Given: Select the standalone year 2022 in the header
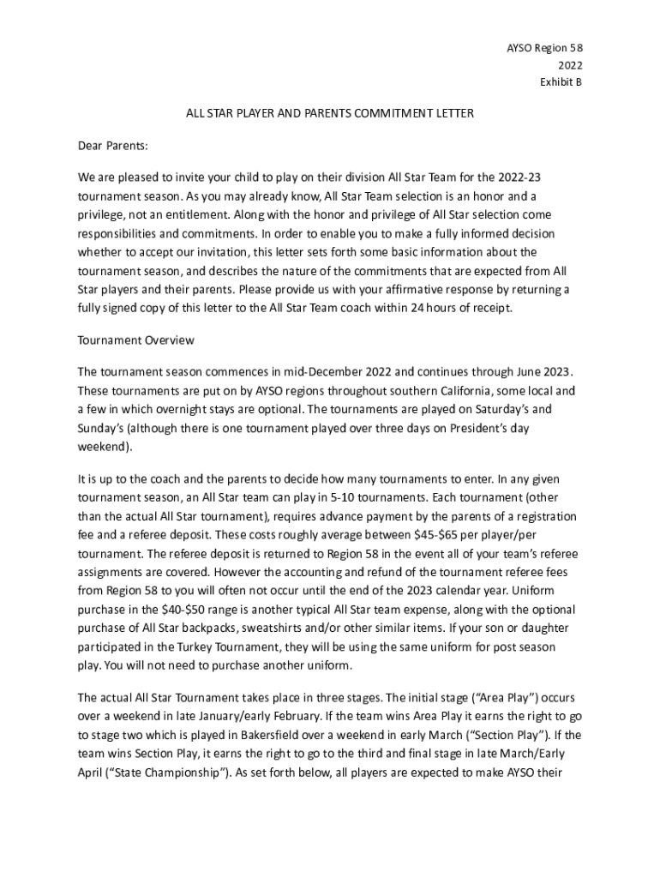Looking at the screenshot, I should click(570, 65).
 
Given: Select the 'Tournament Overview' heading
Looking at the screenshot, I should click(135, 340).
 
